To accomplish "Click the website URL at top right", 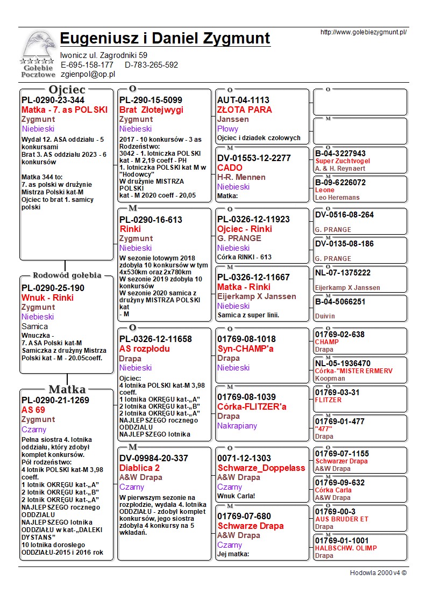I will (363, 32).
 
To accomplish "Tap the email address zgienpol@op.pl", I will (88, 74).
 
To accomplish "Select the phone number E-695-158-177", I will (87, 65).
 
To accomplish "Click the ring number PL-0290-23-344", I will (53, 100).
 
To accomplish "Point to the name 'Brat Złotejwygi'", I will (151, 110).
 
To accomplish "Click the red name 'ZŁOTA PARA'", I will (245, 110).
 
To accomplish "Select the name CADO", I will (230, 168).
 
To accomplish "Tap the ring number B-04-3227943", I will (340, 154).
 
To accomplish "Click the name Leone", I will (325, 190).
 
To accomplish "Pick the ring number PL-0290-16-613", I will (151, 220).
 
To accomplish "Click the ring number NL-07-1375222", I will (343, 273).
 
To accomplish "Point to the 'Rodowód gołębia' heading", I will (67, 275).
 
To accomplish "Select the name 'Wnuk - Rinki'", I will (47, 297).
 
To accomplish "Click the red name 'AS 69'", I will (33, 410).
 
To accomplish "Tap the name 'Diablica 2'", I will (139, 468).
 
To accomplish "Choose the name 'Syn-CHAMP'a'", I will (246, 348).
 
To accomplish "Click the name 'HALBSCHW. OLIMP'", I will (346, 548).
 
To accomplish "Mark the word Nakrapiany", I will (237, 426).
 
